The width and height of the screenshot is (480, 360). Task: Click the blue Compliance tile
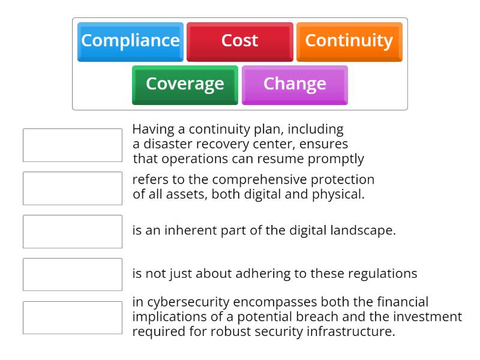(x=130, y=41)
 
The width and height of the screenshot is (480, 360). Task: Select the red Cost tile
(x=239, y=41)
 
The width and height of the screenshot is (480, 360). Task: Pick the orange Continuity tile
(x=349, y=41)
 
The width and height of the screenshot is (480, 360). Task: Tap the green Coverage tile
(x=185, y=84)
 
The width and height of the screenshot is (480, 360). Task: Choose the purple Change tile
(x=295, y=84)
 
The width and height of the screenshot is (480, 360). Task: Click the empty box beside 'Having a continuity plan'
(x=73, y=145)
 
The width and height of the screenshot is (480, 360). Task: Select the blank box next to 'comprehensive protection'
(x=73, y=188)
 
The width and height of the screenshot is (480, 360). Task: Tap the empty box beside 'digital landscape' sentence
(x=73, y=232)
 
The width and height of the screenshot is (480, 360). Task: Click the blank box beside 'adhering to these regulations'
(x=73, y=275)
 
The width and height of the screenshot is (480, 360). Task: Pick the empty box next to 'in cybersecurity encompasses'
(x=73, y=317)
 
